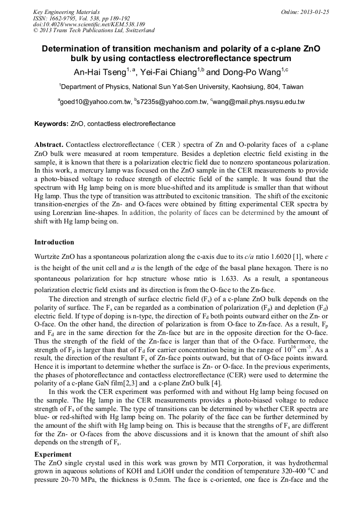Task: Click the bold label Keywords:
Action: coord(51,124)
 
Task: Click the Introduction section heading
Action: coord(54,242)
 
